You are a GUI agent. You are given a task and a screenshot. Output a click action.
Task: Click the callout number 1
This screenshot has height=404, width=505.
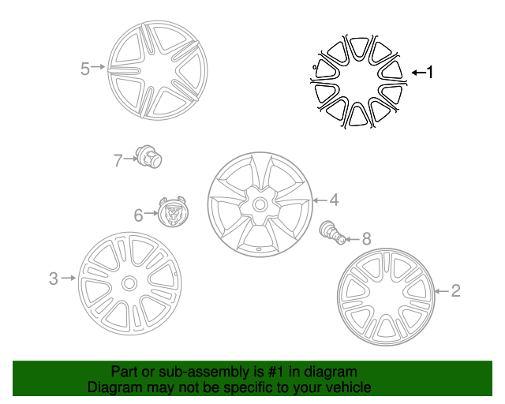[430, 72]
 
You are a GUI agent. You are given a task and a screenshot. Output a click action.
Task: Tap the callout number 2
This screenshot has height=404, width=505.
[455, 291]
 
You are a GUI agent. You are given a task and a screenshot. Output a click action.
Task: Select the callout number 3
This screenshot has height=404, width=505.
[54, 279]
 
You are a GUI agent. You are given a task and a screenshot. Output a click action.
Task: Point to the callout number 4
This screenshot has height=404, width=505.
[335, 200]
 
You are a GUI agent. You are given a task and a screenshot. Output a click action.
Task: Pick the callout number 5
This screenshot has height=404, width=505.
[84, 69]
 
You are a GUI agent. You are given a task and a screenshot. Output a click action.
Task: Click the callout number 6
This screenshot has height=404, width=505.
[139, 215]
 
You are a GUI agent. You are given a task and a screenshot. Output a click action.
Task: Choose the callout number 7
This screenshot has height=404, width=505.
[118, 160]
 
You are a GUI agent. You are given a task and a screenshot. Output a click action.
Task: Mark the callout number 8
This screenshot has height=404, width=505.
[366, 239]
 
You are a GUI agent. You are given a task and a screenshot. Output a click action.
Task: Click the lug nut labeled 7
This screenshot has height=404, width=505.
[148, 156]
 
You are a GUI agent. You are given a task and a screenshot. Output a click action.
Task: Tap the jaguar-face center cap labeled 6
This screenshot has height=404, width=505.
[174, 211]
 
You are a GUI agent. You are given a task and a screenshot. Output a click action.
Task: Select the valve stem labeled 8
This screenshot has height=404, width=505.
[333, 232]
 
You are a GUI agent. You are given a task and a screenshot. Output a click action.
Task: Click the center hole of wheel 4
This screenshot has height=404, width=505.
[260, 204]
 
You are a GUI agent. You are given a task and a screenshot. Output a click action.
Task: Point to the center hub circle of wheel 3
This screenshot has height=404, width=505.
[129, 283]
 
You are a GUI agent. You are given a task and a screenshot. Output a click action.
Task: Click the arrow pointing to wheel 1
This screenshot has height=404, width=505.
[419, 73]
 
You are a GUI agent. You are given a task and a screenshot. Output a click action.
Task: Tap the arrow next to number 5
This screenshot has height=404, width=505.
[98, 67]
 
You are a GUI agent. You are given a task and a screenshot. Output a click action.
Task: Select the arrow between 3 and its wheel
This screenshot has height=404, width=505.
[69, 278]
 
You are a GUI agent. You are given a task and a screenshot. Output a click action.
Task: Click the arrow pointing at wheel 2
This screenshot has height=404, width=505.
[442, 291]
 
